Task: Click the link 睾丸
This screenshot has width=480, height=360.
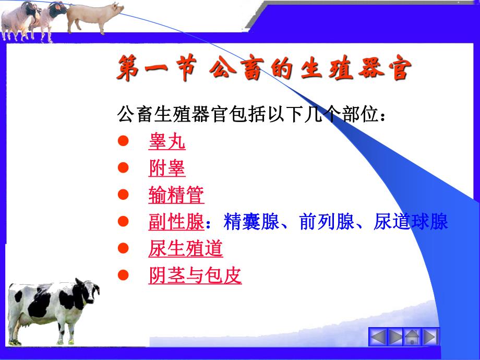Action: click(166, 142)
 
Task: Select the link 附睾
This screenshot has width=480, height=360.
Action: click(166, 169)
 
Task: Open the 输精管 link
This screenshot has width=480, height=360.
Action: click(176, 195)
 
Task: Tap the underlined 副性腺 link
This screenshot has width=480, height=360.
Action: click(176, 222)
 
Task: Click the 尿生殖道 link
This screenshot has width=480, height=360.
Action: click(185, 249)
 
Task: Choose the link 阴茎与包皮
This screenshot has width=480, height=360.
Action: click(195, 275)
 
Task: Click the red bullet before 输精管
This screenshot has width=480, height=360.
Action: click(123, 195)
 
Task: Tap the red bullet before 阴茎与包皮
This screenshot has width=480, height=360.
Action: click(123, 275)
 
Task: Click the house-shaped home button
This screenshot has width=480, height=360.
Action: click(413, 337)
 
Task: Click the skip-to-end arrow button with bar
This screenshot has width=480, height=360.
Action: click(430, 337)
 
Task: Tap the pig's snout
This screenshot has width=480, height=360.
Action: click(122, 9)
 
